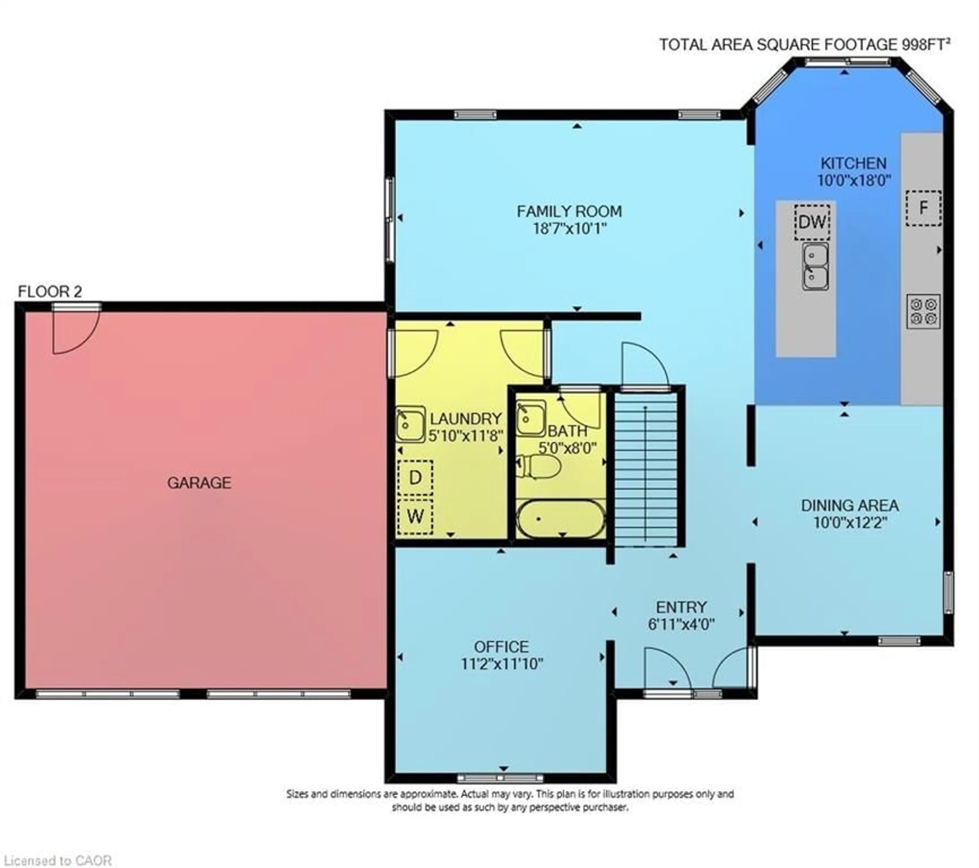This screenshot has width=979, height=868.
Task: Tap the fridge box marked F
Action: (923, 208)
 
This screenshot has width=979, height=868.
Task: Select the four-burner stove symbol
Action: (923, 311)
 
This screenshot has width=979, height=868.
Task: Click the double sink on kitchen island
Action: (815, 266)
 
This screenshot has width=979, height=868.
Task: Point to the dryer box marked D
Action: (415, 478)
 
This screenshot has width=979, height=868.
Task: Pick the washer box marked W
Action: (415, 516)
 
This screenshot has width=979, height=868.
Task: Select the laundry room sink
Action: (410, 424)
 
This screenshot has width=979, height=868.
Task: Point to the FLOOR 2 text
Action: (50, 291)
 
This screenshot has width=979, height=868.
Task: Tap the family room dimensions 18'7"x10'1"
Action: (570, 228)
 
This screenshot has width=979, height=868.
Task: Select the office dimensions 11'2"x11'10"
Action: (501, 664)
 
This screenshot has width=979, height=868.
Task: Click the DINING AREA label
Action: (850, 505)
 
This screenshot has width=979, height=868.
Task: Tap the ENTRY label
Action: (681, 607)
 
